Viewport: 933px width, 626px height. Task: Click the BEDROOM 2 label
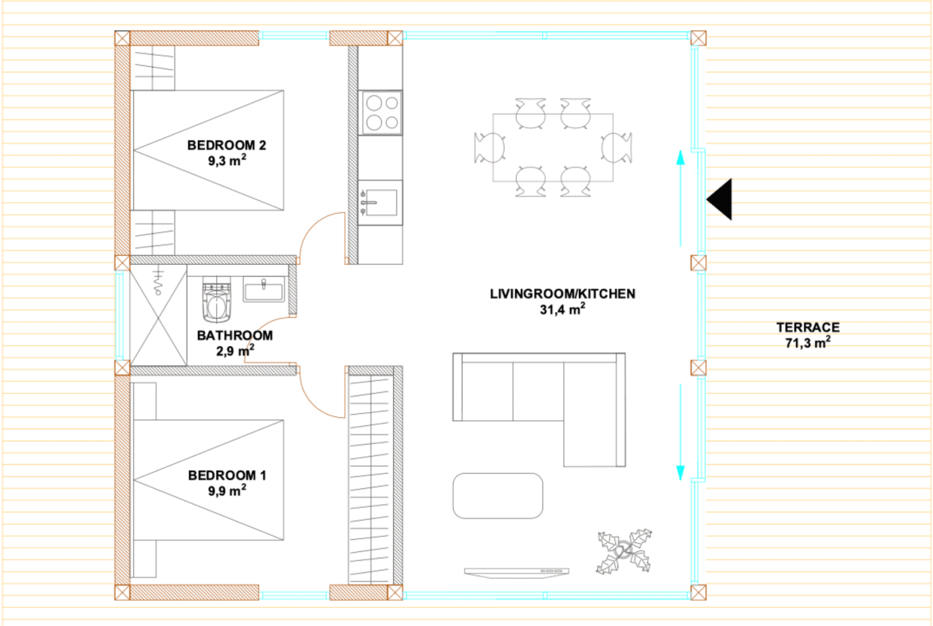pos(226,145)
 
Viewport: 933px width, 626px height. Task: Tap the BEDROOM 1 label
pos(226,475)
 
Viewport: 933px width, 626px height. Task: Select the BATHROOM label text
pos(235,336)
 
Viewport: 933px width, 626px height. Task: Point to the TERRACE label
pos(808,327)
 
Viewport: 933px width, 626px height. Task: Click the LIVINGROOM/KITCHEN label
pos(562,294)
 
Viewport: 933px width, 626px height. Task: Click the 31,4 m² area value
pos(562,309)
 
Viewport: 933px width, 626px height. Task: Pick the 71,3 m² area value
pos(808,342)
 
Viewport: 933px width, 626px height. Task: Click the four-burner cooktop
pos(381,112)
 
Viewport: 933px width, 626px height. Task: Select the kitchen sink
pos(380,203)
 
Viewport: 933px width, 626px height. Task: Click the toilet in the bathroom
pos(217,299)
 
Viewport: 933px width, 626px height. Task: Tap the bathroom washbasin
pos(264,289)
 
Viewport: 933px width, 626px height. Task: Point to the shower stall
pos(158,315)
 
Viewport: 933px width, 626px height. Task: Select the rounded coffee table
pos(498,496)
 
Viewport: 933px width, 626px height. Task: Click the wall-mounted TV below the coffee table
pos(517,573)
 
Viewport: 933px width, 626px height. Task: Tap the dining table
pos(553,148)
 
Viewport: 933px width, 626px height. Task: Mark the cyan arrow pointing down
pos(681,432)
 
